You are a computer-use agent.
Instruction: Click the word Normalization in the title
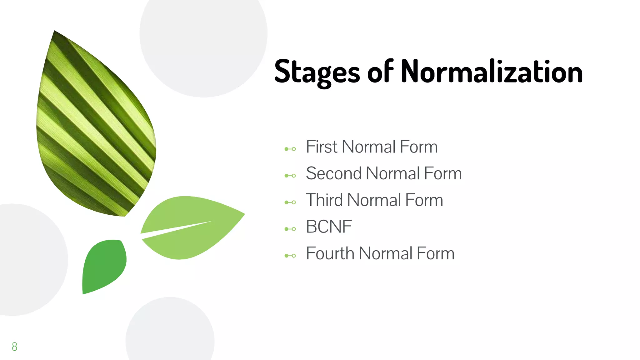pyautogui.click(x=492, y=72)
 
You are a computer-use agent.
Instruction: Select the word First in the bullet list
pyautogui.click(x=322, y=147)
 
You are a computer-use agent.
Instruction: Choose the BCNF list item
pyautogui.click(x=329, y=227)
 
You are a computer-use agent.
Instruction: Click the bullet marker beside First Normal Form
pyautogui.click(x=290, y=149)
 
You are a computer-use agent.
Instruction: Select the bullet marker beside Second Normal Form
pyautogui.click(x=290, y=176)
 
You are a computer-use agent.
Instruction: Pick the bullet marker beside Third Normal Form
pyautogui.click(x=290, y=202)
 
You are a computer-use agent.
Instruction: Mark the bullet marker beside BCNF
pyautogui.click(x=290, y=229)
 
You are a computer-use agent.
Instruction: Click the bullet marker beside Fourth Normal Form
pyautogui.click(x=290, y=256)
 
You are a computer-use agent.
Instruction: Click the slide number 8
pyautogui.click(x=14, y=347)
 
